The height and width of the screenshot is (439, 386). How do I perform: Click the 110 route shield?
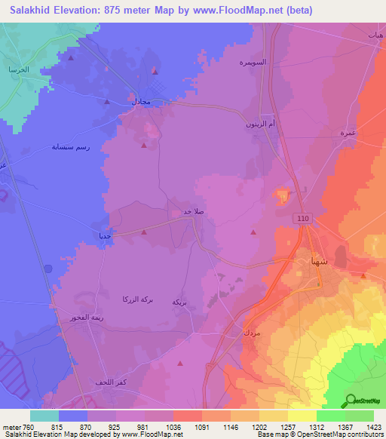tap(303, 216)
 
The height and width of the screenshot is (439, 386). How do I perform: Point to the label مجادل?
tap(142, 101)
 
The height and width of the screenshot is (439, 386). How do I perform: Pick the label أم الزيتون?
tap(259, 124)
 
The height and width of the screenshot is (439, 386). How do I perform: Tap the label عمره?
tap(348, 133)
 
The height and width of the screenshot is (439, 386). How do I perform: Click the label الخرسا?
tap(18, 69)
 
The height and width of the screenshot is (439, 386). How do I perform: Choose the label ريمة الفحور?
tap(77, 318)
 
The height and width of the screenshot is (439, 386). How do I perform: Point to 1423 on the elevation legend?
tap(373, 427)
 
